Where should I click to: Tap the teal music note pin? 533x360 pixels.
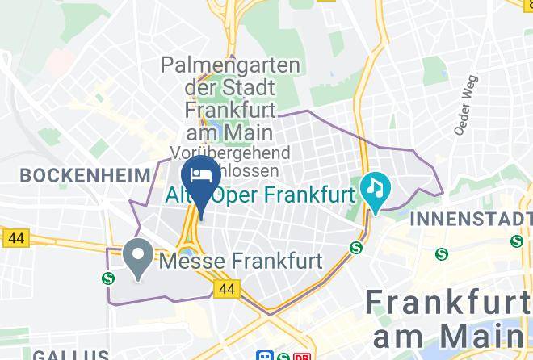pos(376,190)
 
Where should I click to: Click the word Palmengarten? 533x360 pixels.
pos(230,65)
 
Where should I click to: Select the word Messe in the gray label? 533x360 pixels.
pos(191,262)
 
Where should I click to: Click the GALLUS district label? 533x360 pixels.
pos(70,354)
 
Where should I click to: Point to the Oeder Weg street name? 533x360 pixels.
pos(467,106)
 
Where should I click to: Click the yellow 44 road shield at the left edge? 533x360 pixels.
pos(15,238)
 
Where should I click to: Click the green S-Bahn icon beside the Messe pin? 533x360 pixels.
pos(108,278)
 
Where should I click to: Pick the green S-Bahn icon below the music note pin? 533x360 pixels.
pos(356,248)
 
